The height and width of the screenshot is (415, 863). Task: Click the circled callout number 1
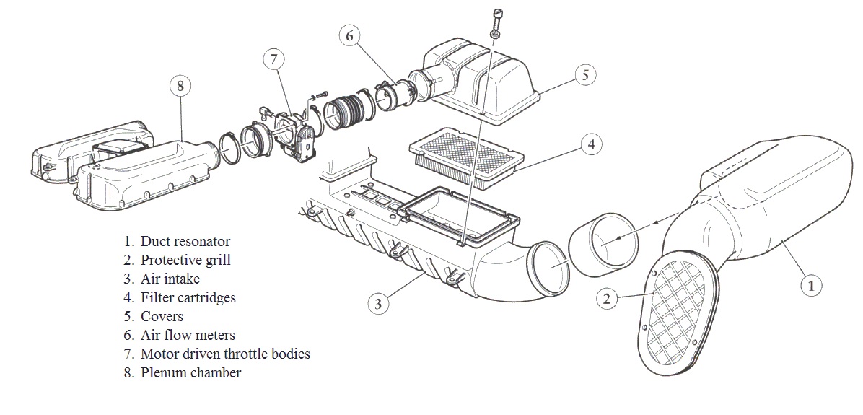point(810,286)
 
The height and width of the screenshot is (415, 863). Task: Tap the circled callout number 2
point(608,298)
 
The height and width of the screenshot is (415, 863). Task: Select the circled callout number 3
point(378,304)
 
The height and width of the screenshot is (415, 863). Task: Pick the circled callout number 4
point(591,144)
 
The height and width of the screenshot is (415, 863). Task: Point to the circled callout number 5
point(585,74)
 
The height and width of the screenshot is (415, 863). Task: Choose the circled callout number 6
point(349,35)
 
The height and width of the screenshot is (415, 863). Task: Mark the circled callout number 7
point(273,59)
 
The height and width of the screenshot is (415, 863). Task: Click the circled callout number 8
point(180,86)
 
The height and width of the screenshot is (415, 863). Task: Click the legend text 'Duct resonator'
point(185,241)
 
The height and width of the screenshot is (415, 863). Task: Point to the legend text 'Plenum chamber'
point(190,372)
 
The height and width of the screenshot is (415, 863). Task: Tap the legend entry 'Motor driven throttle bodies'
point(225,354)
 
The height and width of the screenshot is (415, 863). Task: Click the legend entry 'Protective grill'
point(185,260)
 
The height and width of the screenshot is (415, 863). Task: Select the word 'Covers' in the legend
point(162,316)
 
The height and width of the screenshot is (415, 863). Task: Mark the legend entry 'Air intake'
point(170,279)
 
